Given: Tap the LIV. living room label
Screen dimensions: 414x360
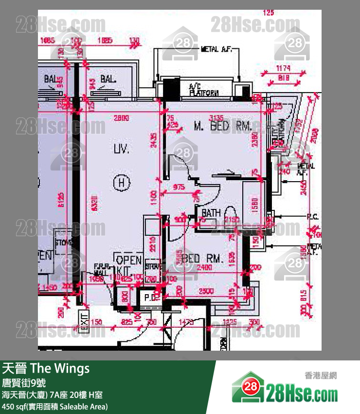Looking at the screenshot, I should point(122,149).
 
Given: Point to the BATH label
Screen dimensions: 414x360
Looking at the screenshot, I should point(211,213).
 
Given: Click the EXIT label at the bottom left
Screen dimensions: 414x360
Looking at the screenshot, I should point(84,322).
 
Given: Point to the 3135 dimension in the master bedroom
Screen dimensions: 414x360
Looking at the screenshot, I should point(216,117).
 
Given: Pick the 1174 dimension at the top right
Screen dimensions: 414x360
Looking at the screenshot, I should point(283,69).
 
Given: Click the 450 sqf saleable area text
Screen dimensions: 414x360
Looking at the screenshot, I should point(55,406).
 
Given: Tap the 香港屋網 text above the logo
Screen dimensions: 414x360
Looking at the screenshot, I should point(321,376).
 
